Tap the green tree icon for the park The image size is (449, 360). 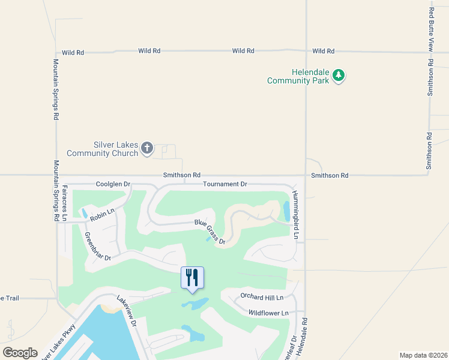pyautogui.click(x=339, y=76)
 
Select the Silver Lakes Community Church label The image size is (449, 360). pyautogui.click(x=102, y=149)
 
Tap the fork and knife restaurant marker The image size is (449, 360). pyautogui.click(x=192, y=278)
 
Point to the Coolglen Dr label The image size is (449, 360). pyautogui.click(x=113, y=184)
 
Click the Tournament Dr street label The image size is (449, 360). pyautogui.click(x=224, y=184)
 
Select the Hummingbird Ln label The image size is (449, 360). pyautogui.click(x=296, y=215)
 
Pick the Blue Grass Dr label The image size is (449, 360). pyautogui.click(x=209, y=232)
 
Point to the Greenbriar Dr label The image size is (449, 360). pyautogui.click(x=98, y=247)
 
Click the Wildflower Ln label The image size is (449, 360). pyautogui.click(x=268, y=313)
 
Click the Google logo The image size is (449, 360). pyautogui.click(x=20, y=352)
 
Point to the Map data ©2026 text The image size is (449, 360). pyautogui.click(x=423, y=355)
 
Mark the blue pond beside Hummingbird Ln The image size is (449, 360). pyautogui.click(x=286, y=211)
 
